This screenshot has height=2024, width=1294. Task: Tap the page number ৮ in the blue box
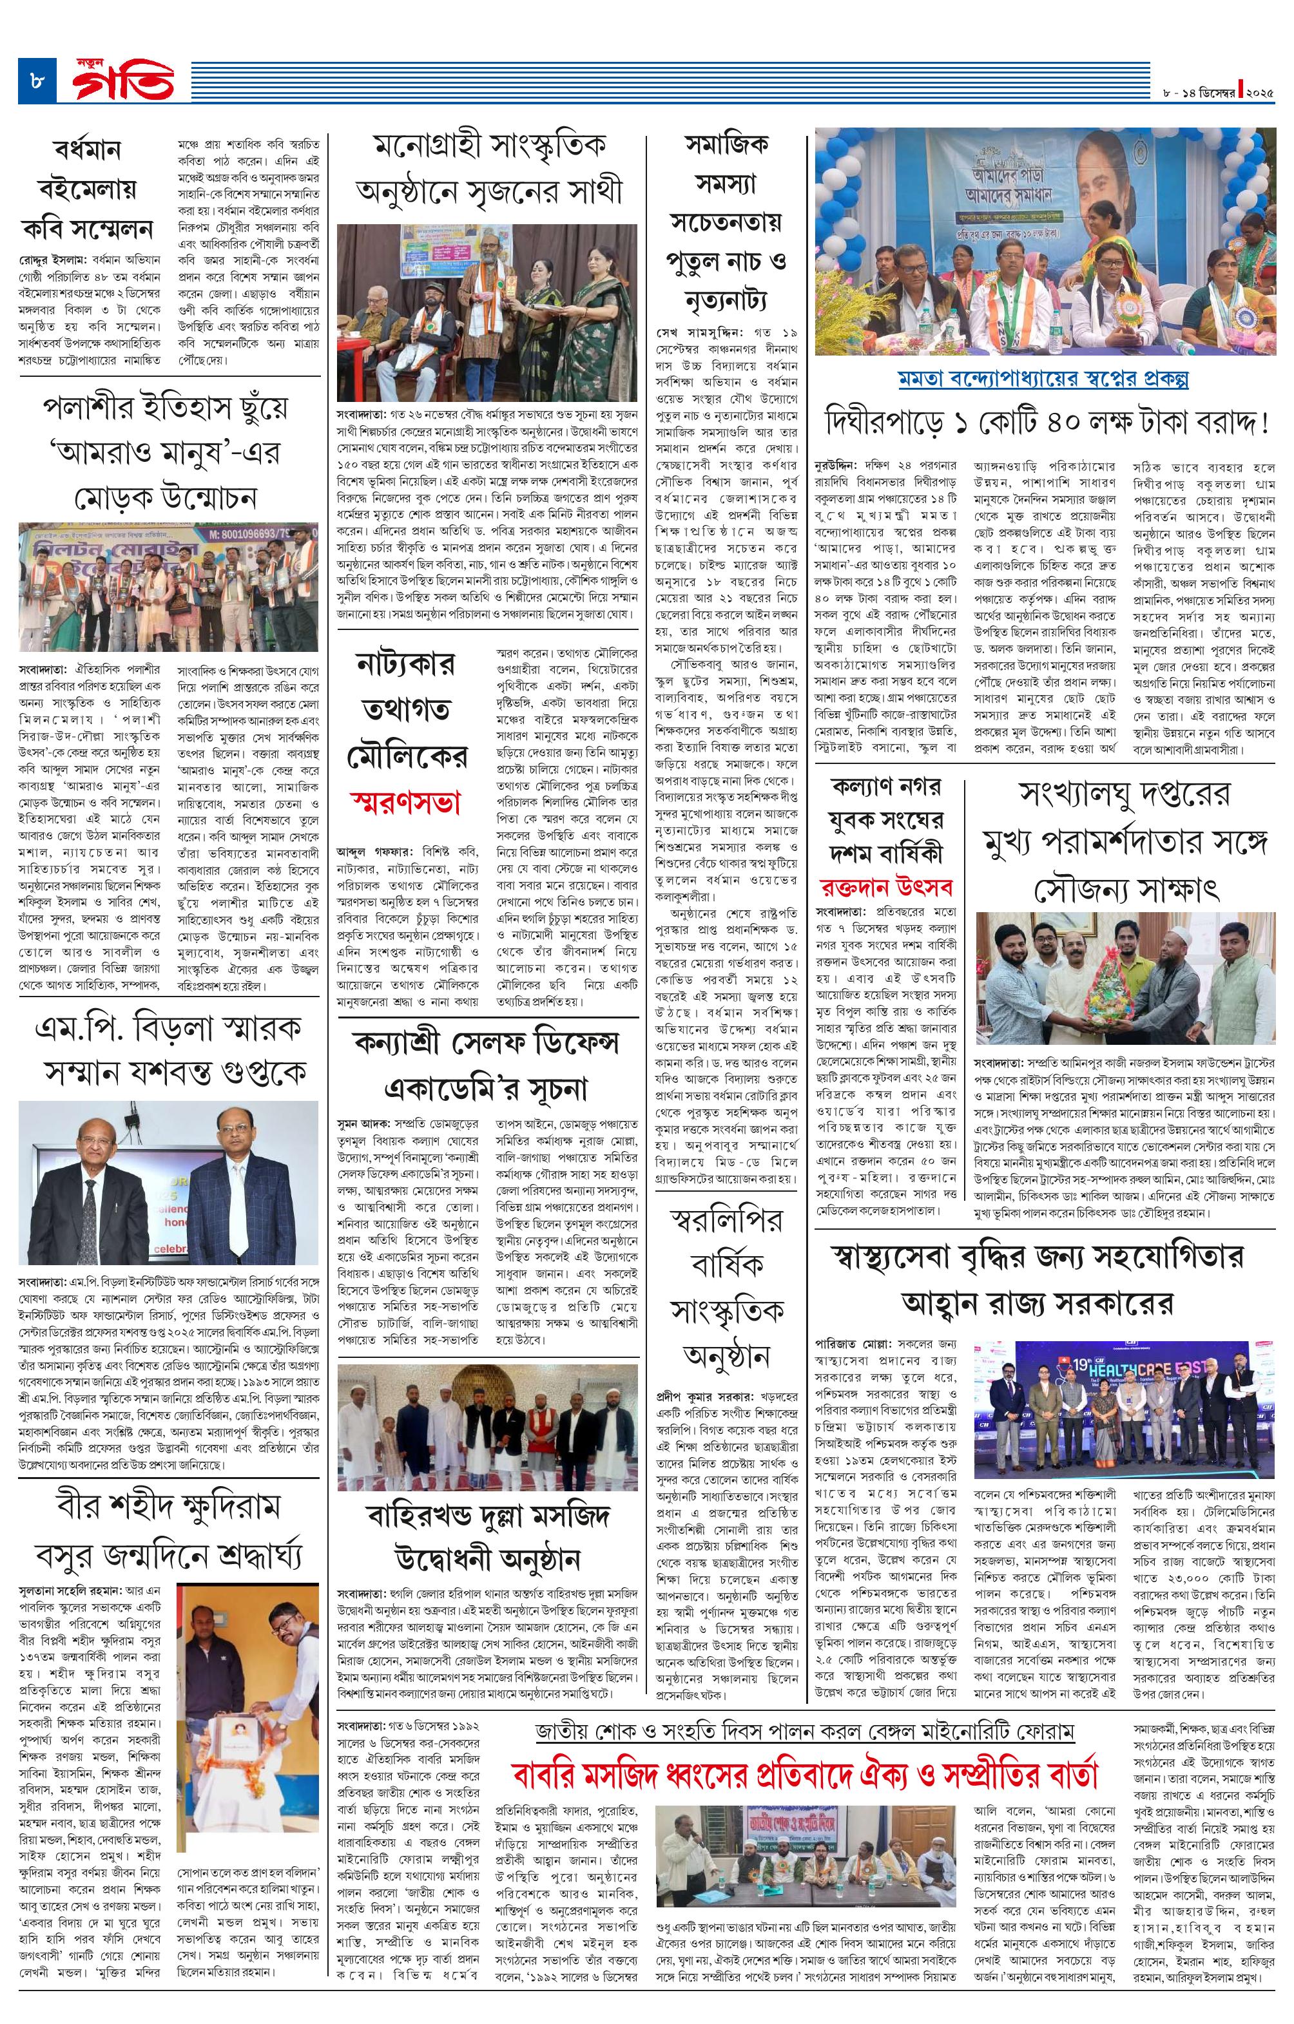[38, 82]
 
